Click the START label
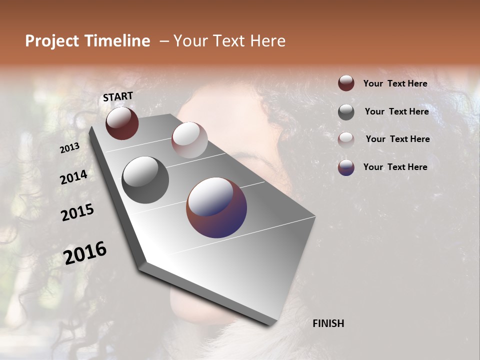point(118,96)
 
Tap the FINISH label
point(328,323)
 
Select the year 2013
point(70,148)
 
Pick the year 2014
point(73,177)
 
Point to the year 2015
point(77,212)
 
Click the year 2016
point(85,252)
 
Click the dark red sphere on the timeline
point(122,123)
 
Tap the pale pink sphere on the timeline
point(189,140)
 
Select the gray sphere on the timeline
point(145,180)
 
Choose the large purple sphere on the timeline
point(216,207)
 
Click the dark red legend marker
point(346,83)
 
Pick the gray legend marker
point(346,112)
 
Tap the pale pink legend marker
point(346,139)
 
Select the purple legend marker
point(346,167)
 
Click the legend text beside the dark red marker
point(395,83)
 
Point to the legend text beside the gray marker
point(396,111)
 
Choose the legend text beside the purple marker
point(395,167)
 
